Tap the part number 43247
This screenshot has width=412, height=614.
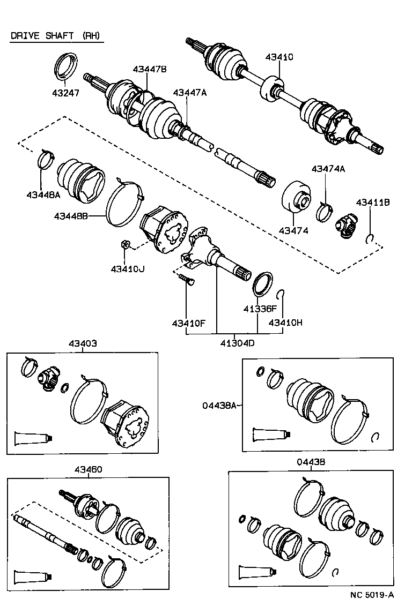click(65, 92)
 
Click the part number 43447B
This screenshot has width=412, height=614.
click(150, 69)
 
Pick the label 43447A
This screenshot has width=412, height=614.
click(189, 92)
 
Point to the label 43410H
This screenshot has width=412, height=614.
click(285, 323)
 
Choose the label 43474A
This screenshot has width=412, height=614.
click(328, 169)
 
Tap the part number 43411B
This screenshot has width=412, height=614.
click(372, 202)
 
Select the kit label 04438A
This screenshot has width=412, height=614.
click(219, 406)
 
